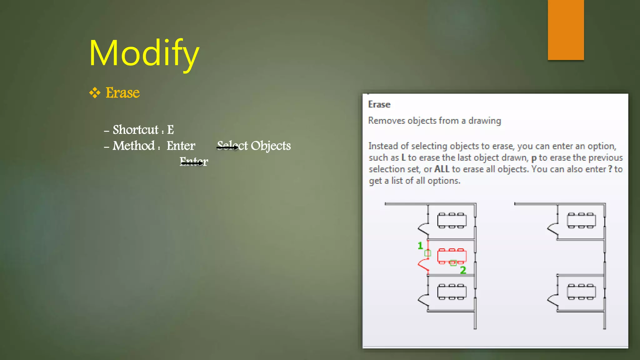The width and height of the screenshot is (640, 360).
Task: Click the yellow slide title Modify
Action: pos(144,53)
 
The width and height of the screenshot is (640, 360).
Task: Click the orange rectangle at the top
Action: pos(566,30)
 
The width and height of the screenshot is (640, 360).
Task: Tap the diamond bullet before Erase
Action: pos(95,93)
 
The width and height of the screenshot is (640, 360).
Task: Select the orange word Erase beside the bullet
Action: pos(122,93)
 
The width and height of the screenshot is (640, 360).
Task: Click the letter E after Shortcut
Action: pos(170,130)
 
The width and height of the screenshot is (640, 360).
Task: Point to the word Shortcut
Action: pos(136,130)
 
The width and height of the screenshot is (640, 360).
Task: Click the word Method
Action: pos(134,146)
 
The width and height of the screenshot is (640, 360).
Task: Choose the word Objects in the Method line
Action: pos(271,146)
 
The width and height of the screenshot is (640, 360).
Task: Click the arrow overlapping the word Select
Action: pos(228,147)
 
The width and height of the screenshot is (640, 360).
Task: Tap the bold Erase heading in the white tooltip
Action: pos(379,104)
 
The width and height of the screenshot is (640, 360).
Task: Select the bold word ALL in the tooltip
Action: pos(442,169)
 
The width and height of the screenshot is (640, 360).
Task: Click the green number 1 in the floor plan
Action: pos(420,246)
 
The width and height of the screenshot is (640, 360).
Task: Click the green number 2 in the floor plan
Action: pos(463,270)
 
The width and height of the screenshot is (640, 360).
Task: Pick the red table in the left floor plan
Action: pos(452,255)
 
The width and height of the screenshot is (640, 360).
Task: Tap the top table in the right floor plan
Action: pos(581,221)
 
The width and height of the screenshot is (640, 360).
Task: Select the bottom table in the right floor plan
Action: pos(581,292)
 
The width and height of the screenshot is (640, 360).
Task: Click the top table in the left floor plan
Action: pos(452,221)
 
